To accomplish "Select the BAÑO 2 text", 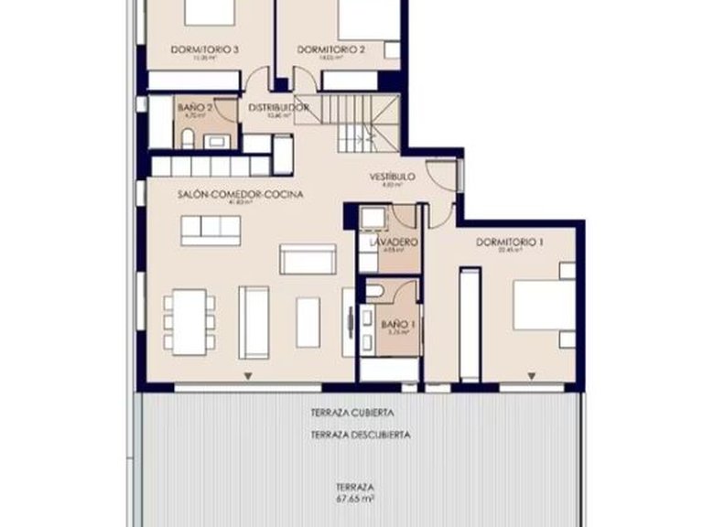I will click(x=195, y=107).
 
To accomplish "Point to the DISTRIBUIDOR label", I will click(x=278, y=107).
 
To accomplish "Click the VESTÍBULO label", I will click(x=393, y=176).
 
